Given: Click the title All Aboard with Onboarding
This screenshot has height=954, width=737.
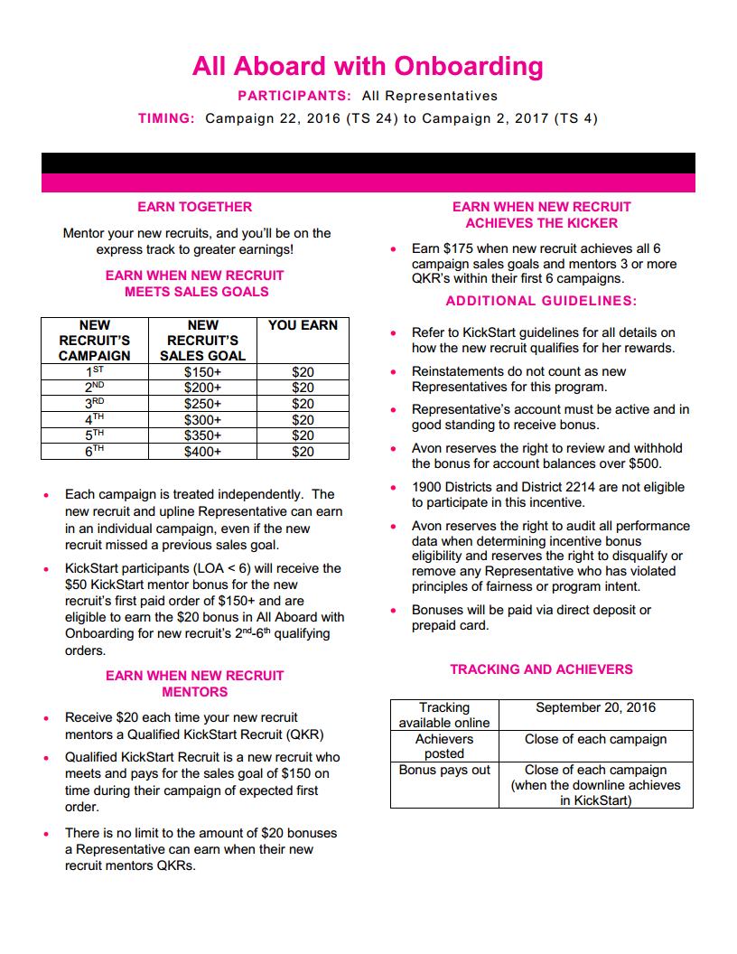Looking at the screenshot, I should (x=368, y=66).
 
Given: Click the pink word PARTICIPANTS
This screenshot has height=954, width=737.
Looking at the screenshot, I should (x=294, y=96).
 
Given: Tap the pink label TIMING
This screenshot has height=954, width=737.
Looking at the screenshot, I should (x=166, y=118).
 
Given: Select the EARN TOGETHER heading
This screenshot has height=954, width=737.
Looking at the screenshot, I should (x=194, y=207).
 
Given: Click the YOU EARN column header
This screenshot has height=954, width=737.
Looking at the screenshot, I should (x=303, y=325).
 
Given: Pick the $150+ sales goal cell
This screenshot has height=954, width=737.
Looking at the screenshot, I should (x=202, y=371).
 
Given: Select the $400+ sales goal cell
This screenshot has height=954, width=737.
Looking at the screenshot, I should (x=202, y=452).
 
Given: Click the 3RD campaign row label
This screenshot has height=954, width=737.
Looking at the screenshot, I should (x=95, y=404).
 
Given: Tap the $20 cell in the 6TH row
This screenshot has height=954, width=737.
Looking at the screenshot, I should (x=303, y=452).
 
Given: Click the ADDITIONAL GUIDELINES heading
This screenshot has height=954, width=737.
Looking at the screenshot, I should (x=541, y=301).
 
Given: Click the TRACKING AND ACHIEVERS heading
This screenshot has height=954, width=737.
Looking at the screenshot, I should (x=541, y=669).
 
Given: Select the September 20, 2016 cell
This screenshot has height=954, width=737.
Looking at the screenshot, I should (x=595, y=707).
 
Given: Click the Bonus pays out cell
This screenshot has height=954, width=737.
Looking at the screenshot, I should (x=444, y=770).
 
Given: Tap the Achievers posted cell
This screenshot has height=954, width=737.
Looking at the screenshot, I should (x=444, y=746).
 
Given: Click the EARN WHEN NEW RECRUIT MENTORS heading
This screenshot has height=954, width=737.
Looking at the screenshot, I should (x=194, y=684).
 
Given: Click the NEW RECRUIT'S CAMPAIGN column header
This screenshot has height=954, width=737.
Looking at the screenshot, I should (x=95, y=340).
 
